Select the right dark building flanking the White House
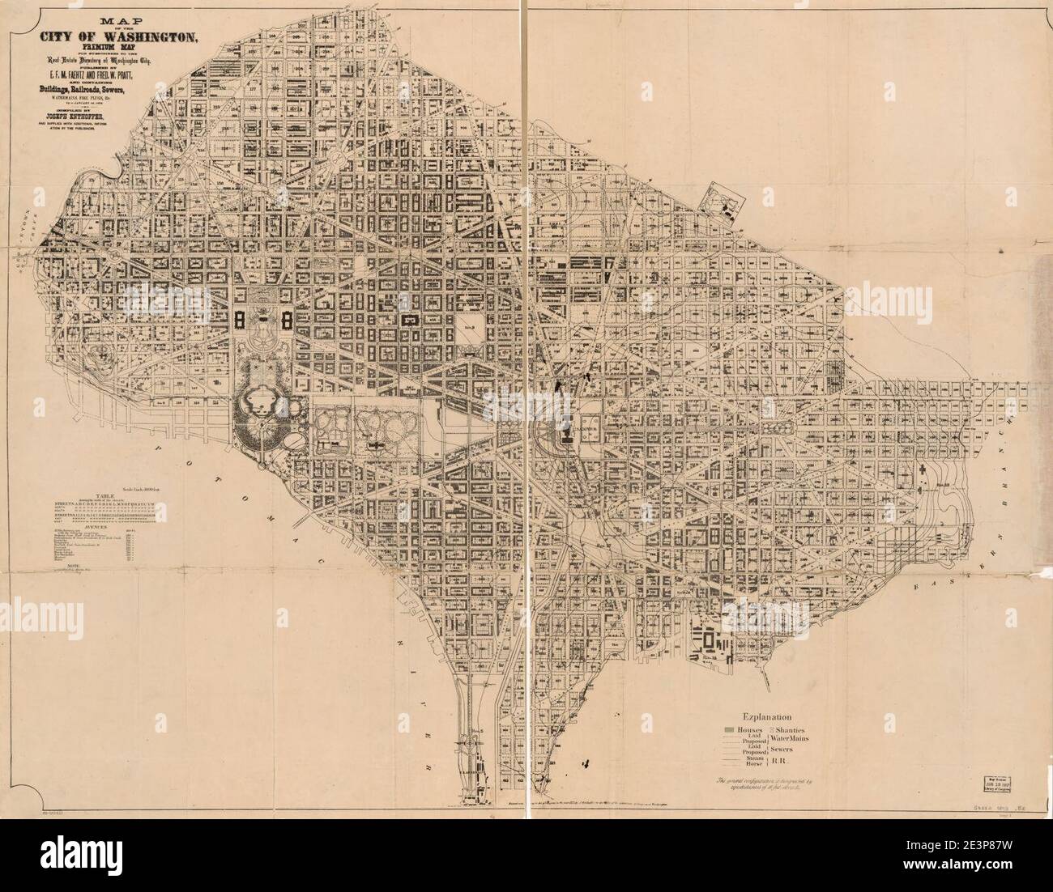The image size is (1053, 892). (x=287, y=319)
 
